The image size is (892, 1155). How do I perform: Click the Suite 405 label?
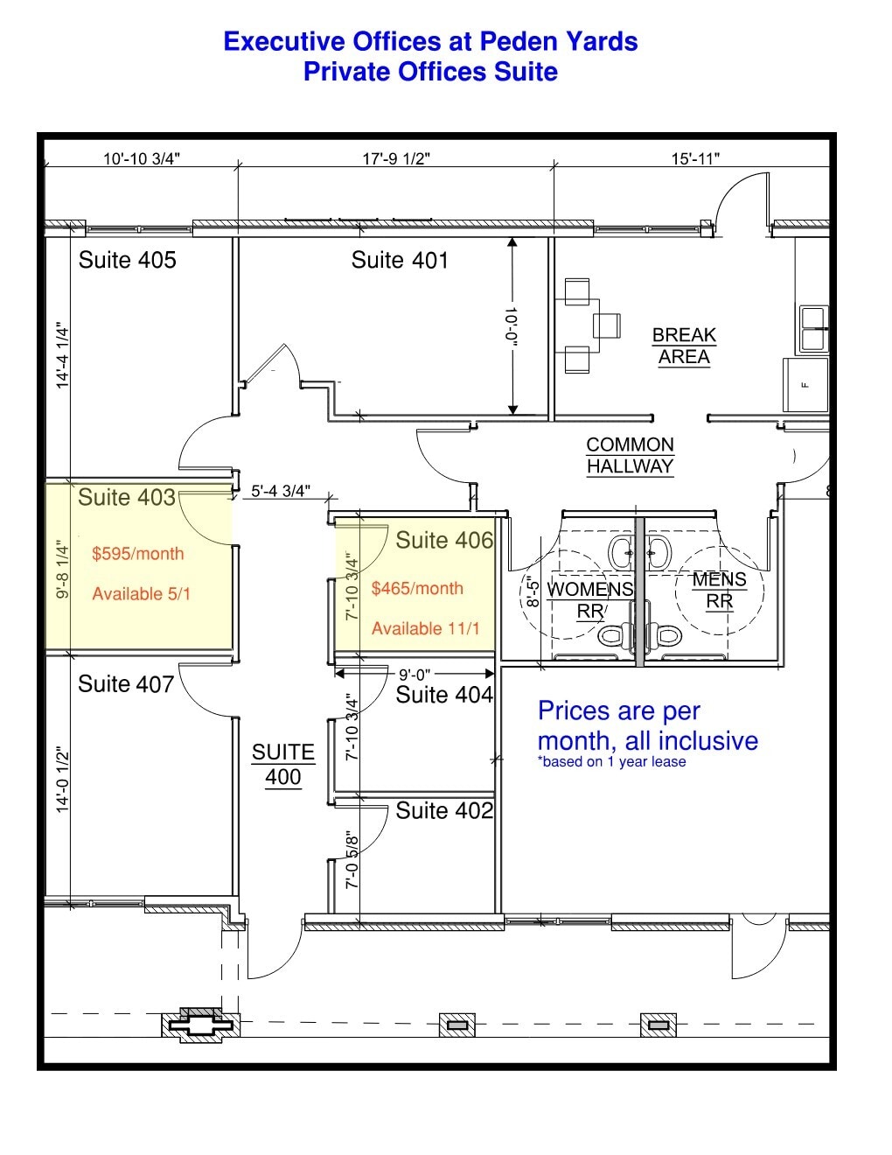[x=127, y=260]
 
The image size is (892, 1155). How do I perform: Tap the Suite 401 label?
[x=400, y=260]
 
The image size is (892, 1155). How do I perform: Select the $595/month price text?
[x=137, y=554]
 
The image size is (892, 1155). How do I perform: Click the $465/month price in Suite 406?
[x=417, y=589]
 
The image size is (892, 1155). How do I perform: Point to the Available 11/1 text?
[x=425, y=628]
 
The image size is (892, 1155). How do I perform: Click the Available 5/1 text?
[x=141, y=594]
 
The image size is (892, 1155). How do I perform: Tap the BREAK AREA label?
[x=684, y=346]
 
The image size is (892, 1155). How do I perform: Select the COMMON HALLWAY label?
[x=630, y=456]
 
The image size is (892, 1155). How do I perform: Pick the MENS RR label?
[x=719, y=591]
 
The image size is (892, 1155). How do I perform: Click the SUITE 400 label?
[x=282, y=765]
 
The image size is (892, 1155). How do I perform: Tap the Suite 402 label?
[x=444, y=811]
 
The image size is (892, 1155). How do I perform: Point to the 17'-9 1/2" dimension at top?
[x=396, y=158]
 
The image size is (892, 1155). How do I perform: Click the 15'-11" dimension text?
[x=695, y=158]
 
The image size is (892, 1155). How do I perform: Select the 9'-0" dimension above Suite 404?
[x=415, y=675]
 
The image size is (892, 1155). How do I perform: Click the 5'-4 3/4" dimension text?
[x=280, y=491]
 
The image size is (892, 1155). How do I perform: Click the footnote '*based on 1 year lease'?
[x=611, y=762]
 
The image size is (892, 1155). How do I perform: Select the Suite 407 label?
[x=126, y=684]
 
